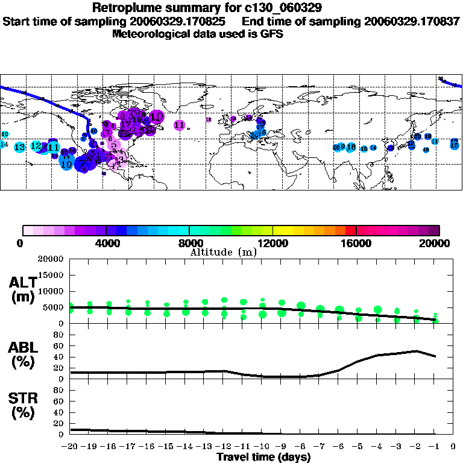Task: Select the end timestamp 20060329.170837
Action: coord(412,21)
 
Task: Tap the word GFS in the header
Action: coord(271,34)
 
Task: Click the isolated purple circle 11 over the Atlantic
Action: coord(179,125)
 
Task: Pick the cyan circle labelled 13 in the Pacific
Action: coord(19,147)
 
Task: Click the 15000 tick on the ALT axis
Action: coord(52,275)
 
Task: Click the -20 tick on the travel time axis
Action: coord(71,447)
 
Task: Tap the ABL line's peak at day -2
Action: coord(416,350)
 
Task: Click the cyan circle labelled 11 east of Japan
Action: coord(435,141)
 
